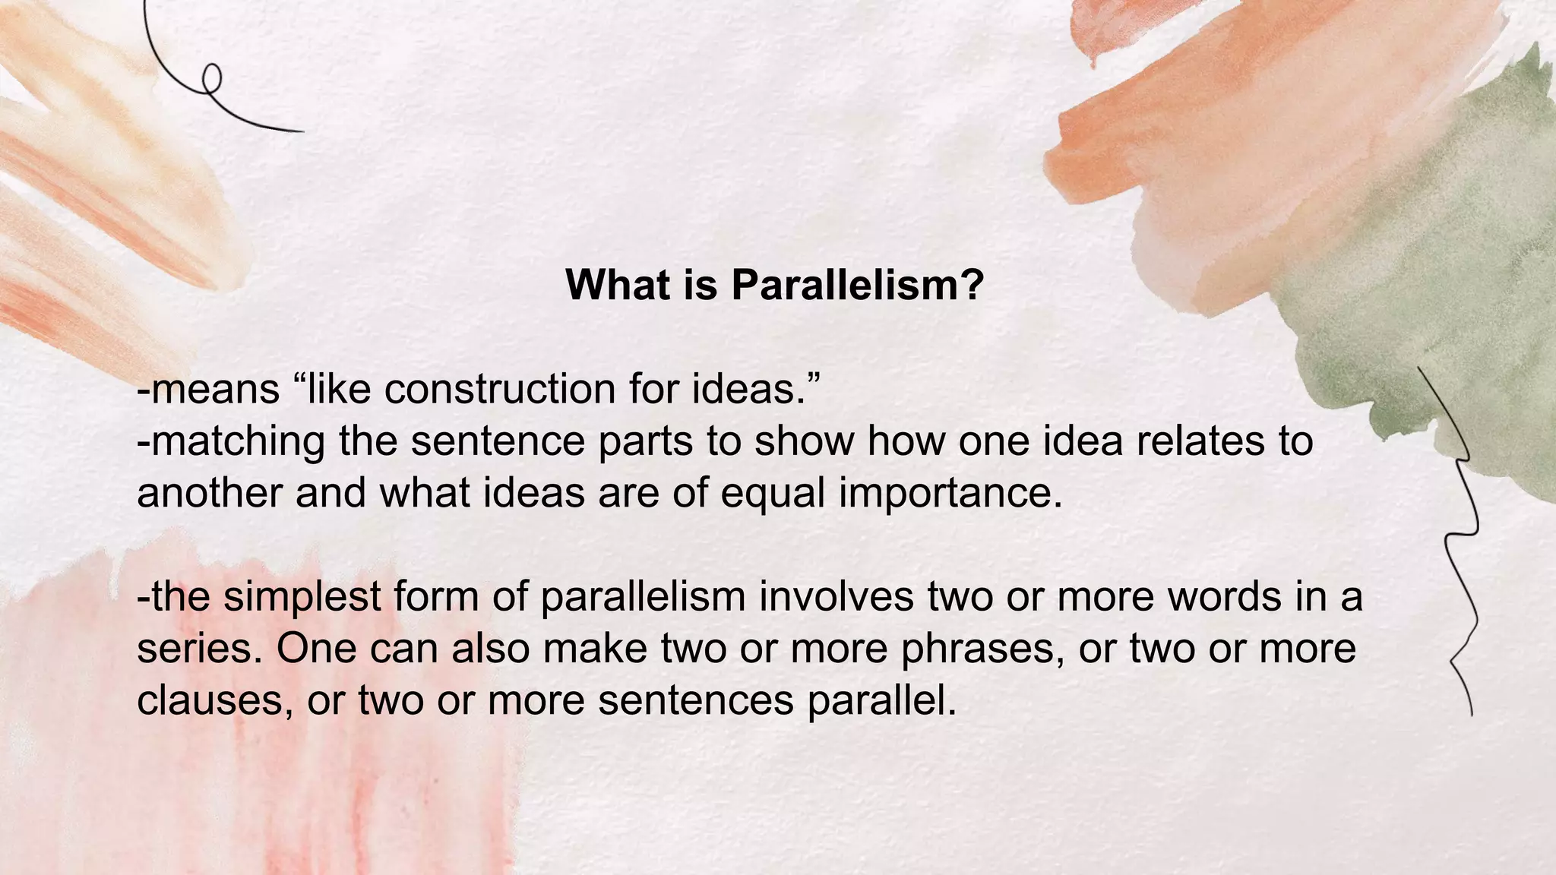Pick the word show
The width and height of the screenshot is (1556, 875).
804,441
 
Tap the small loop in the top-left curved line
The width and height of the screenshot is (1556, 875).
212,75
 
